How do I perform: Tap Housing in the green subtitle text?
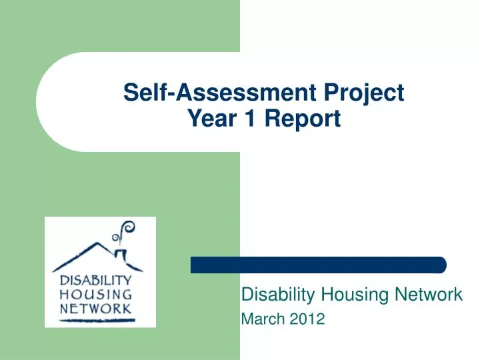coord(345,294)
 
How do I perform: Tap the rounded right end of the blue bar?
coord(441,265)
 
